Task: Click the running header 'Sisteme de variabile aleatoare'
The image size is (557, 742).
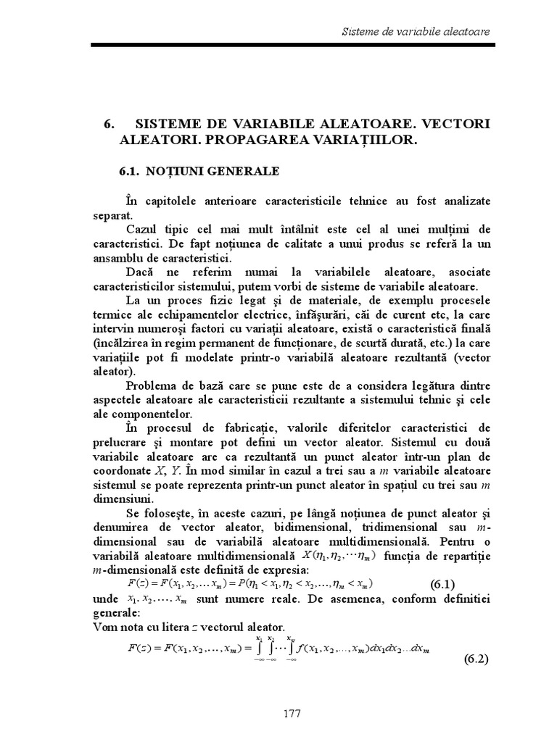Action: point(415,32)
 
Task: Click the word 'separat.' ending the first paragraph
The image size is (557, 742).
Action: point(112,215)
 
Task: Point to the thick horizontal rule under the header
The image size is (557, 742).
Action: point(291,46)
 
